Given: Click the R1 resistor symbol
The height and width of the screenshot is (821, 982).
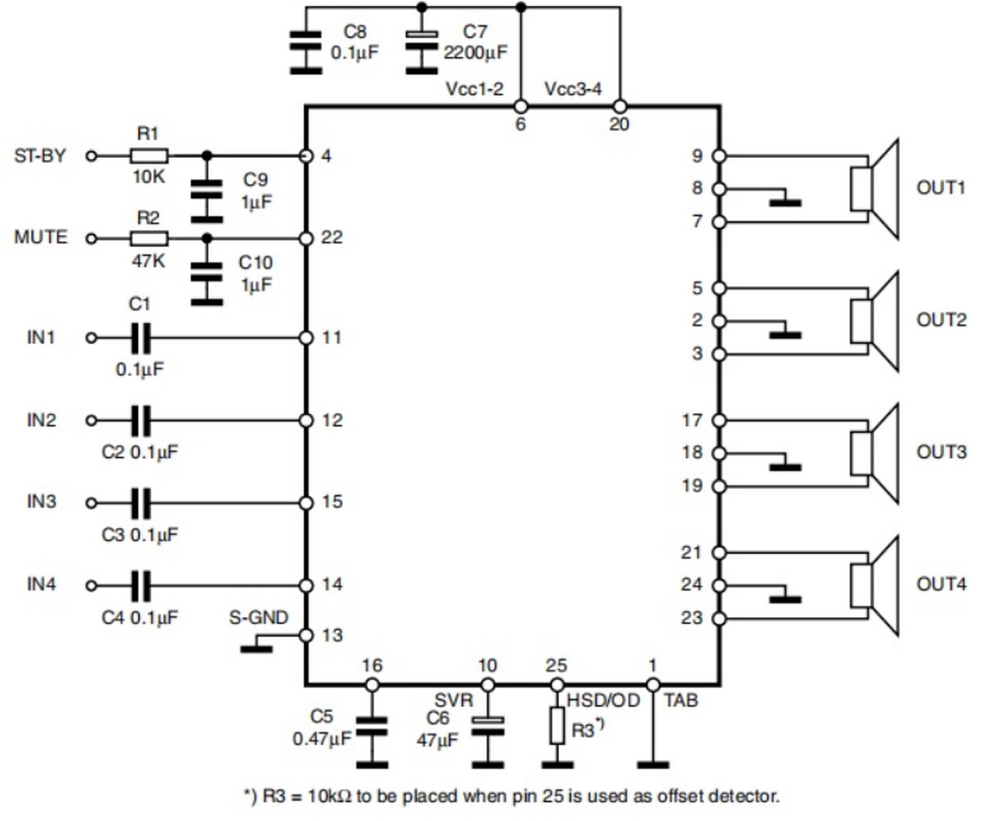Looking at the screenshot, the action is pyautogui.click(x=149, y=156).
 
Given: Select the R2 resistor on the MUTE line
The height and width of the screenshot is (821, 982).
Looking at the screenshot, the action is pyautogui.click(x=149, y=239).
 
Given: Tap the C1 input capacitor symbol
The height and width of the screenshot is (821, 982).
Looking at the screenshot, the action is pyautogui.click(x=141, y=338).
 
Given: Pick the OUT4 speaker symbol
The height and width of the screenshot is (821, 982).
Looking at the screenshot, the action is pyautogui.click(x=875, y=586).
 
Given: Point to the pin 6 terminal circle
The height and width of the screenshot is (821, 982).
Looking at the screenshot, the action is pyautogui.click(x=520, y=106).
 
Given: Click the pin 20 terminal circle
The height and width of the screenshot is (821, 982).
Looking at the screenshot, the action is pyautogui.click(x=620, y=106).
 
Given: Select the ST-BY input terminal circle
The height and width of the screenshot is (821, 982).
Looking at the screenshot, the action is pyautogui.click(x=92, y=156).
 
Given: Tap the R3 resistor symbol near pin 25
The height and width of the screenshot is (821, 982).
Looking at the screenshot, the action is pyautogui.click(x=557, y=725).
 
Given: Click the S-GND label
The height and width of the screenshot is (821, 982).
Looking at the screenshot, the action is pyautogui.click(x=258, y=618).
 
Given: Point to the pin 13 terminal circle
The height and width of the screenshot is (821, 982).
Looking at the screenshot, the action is pyautogui.click(x=306, y=636).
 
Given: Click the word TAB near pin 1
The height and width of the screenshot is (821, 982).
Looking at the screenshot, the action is pyautogui.click(x=681, y=700).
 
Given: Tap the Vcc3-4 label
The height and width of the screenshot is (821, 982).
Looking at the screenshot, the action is pyautogui.click(x=573, y=89).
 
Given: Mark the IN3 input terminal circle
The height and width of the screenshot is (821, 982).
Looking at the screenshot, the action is pyautogui.click(x=92, y=503).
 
